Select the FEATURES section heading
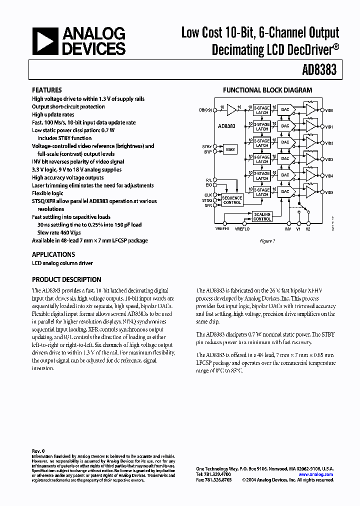47,90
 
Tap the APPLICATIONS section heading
53,254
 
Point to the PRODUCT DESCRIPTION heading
66,279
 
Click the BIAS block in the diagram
230,149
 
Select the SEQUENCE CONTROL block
232,200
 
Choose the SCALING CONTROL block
262,216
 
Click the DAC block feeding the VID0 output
285,110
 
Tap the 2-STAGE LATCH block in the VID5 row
262,192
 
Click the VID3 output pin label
329,159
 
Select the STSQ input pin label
207,200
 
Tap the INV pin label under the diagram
287,228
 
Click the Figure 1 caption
267,241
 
